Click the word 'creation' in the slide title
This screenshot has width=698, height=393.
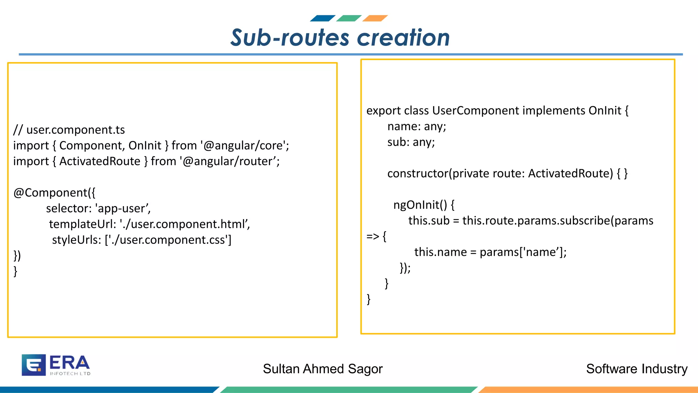pos(403,38)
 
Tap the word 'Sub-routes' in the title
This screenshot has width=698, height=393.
pos(290,38)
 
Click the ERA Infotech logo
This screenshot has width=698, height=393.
pos(56,365)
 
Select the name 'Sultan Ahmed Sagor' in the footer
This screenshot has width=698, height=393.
pos(323,369)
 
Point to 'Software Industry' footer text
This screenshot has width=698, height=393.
pos(637,369)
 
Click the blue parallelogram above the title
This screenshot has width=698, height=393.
pos(322,18)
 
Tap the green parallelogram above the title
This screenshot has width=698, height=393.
pos(349,18)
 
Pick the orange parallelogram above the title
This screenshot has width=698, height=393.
pos(375,18)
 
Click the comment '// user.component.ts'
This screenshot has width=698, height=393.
pos(69,130)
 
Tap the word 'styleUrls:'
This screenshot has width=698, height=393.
pos(77,240)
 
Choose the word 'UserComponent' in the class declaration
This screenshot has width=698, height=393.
pos(475,111)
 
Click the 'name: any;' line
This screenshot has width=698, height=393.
pos(416,127)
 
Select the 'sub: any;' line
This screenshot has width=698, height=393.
pos(411,142)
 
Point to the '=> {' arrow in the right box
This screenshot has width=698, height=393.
pos(376,236)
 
